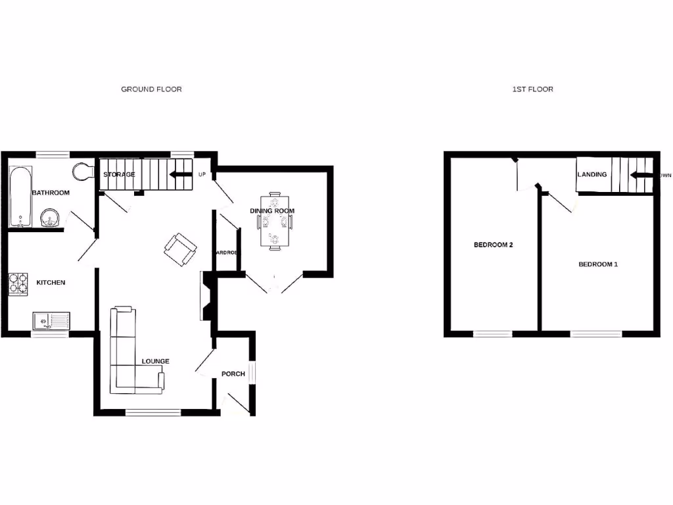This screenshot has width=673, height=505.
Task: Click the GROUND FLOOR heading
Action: (151, 89)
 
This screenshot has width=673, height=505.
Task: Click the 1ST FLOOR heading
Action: (532, 89)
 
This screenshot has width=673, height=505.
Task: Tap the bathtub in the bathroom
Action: (20, 196)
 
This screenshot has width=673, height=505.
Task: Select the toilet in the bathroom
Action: (82, 171)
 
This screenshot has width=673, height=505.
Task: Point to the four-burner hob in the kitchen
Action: (18, 283)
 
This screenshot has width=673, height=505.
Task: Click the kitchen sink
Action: (52, 321)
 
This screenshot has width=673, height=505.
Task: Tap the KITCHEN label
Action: (51, 282)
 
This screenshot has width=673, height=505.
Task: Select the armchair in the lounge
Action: (179, 249)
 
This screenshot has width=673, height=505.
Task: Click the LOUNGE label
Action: (156, 361)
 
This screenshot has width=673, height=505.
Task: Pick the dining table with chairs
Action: (273, 220)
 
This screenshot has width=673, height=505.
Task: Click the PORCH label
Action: (233, 373)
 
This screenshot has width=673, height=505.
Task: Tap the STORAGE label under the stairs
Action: (119, 174)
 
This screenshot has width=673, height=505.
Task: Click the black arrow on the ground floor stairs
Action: (177, 175)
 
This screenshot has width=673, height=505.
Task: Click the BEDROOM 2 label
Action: (493, 245)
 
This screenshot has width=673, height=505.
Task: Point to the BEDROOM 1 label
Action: (597, 264)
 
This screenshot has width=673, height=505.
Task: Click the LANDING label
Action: (592, 174)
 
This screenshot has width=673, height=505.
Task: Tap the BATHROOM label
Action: (51, 193)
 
